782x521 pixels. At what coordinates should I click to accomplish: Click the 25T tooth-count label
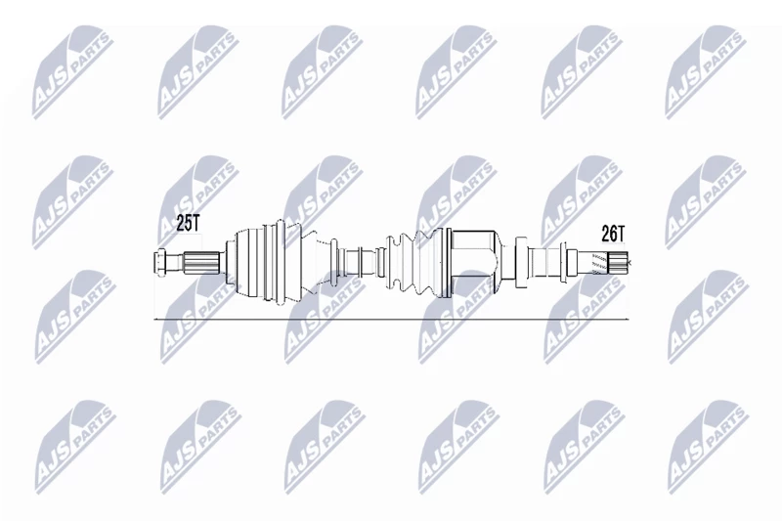point(188,224)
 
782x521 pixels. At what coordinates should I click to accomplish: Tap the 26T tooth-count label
point(613,234)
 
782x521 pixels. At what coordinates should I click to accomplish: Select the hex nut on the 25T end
point(159,263)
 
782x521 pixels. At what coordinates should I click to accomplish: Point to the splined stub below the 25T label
point(202,263)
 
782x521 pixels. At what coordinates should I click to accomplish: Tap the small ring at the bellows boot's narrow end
point(380,263)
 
